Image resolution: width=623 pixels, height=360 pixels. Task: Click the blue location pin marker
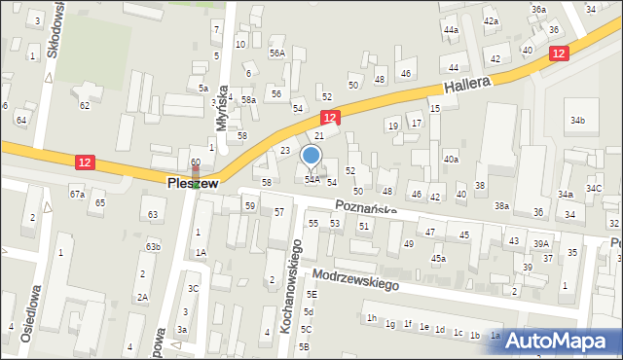point(311,157)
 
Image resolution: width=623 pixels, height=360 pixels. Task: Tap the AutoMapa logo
point(563,341)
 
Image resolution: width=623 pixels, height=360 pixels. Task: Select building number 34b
point(577,120)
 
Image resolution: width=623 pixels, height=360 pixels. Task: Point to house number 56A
point(277,53)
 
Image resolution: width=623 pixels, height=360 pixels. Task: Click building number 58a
point(248,99)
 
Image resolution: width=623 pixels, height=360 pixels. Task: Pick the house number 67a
point(77,195)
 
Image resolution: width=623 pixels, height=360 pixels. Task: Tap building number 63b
point(153,246)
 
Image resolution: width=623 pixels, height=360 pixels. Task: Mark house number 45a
point(439,258)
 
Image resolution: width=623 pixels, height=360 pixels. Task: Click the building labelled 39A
point(541,243)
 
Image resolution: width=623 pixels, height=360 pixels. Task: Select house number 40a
point(451,159)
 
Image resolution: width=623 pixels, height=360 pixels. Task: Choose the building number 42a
point(492,20)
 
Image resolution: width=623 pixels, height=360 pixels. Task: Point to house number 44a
point(451,30)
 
